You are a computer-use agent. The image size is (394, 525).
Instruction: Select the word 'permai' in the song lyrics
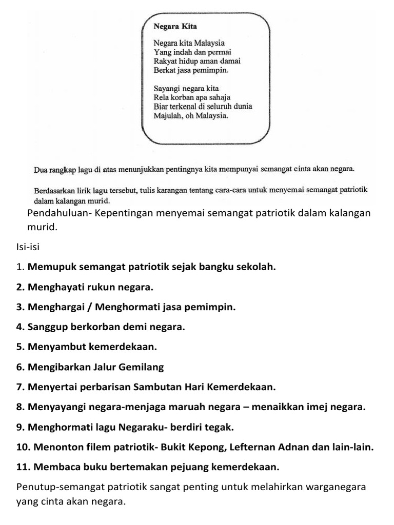click(220, 52)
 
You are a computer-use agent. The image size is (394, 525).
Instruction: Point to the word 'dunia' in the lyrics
click(242, 107)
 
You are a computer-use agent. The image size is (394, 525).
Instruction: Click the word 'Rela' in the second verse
click(162, 97)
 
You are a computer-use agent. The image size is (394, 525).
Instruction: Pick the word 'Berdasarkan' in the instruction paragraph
click(55, 190)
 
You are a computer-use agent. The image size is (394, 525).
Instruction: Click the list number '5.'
click(21, 347)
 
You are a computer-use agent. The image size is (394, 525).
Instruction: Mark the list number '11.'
click(23, 467)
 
